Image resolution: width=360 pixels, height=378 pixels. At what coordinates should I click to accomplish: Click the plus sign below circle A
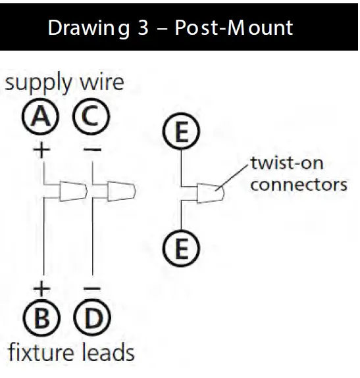(x=41, y=150)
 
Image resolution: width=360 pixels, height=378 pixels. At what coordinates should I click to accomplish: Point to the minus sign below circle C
(x=93, y=150)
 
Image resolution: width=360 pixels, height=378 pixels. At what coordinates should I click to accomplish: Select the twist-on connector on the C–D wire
(x=120, y=191)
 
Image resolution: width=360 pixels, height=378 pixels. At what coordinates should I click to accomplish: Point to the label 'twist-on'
(x=286, y=163)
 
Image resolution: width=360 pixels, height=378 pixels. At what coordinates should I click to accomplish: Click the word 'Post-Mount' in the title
(x=234, y=29)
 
